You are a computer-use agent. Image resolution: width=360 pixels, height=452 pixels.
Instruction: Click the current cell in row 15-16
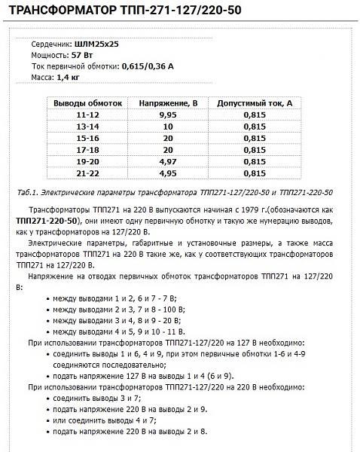[253, 139]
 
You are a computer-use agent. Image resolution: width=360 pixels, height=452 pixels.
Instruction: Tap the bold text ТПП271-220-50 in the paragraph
[46, 220]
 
